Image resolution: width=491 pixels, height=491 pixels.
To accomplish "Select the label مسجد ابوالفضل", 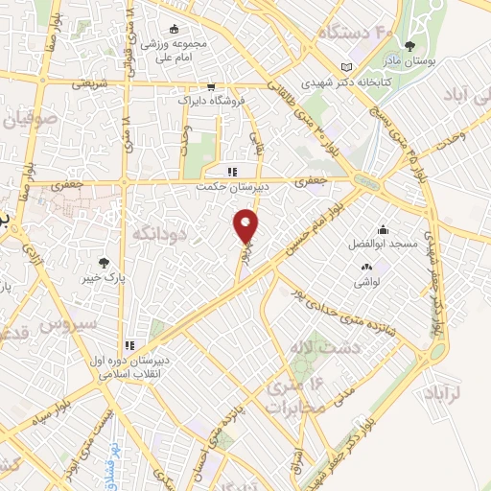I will coord(384,245).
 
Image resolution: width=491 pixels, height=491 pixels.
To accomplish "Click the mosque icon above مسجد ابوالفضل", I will coord(384,229).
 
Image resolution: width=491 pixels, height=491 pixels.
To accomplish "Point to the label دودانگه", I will coord(157,233).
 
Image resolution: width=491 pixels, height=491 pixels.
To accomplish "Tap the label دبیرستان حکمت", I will coord(228,187).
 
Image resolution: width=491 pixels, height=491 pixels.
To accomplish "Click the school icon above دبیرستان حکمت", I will coord(229,171).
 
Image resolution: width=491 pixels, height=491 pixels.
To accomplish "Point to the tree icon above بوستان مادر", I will coord(411,44).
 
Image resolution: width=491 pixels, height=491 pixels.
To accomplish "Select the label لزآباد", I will coord(441,393).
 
